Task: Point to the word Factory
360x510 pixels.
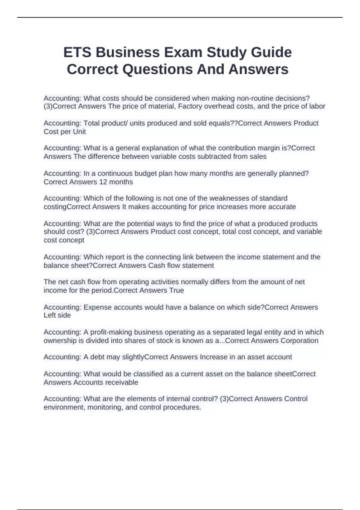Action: (x=190, y=106)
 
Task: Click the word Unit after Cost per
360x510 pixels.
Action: (x=79, y=131)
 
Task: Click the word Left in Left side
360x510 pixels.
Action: (x=49, y=315)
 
